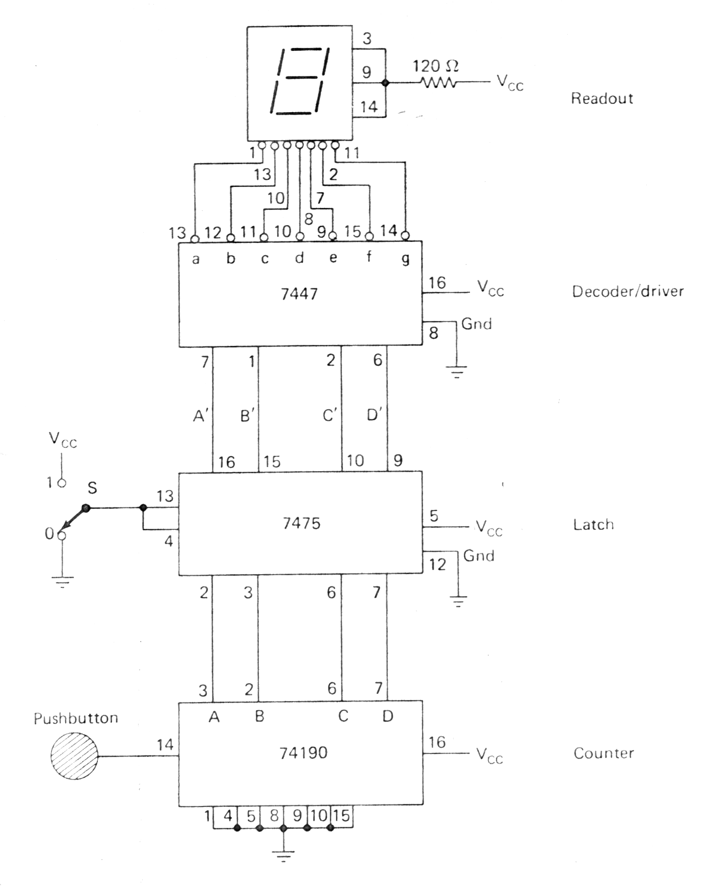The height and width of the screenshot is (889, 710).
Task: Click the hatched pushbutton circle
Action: click(x=74, y=756)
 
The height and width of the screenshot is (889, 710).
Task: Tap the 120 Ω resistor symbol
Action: click(x=438, y=82)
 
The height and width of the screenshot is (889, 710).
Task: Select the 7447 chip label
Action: click(x=299, y=294)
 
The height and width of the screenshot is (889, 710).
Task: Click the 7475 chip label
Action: click(x=301, y=523)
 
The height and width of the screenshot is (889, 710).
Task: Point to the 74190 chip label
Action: click(x=303, y=752)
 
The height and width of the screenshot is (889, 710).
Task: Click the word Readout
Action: click(x=601, y=98)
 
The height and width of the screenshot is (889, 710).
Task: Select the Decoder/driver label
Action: click(x=627, y=291)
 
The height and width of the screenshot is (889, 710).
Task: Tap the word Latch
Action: click(x=593, y=524)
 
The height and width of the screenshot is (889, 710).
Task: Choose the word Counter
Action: click(x=603, y=753)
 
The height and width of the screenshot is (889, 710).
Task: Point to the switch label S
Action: click(x=92, y=488)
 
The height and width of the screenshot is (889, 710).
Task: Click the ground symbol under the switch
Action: click(x=62, y=581)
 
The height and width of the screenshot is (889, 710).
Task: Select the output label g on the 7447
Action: click(x=405, y=259)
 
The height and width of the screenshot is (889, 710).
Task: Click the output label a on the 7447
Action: click(x=195, y=259)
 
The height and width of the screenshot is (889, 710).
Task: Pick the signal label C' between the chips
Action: click(x=330, y=416)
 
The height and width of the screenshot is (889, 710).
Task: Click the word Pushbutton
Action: click(x=76, y=718)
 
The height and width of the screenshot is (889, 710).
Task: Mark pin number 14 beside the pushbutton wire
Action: click(x=165, y=745)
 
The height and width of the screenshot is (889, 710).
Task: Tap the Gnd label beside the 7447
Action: click(x=476, y=324)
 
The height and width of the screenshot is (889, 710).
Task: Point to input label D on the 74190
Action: click(x=387, y=716)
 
